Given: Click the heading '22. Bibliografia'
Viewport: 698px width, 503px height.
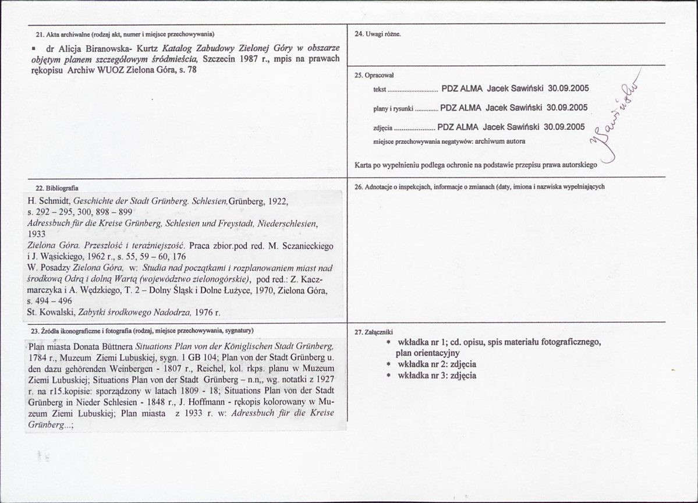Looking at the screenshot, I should (57, 188).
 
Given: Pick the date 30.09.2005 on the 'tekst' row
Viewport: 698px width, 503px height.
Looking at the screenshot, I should (569, 88).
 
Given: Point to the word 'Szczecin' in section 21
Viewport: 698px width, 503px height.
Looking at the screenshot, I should (219, 59).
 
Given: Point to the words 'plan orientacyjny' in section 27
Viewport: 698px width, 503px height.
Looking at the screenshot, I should (428, 353).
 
